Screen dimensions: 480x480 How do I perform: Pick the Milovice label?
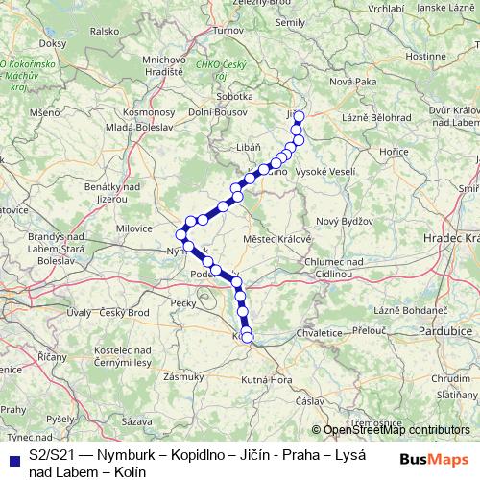point(134,228)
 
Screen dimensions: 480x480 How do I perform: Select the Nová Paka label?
point(352,83)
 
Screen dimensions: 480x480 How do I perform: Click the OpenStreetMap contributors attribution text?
point(395,430)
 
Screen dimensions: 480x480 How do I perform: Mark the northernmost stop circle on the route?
point(299,117)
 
